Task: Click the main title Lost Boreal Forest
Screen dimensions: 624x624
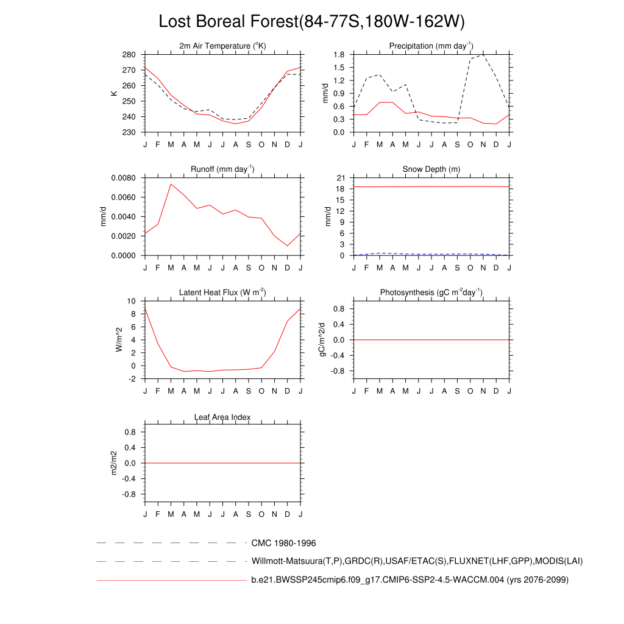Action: (x=311, y=21)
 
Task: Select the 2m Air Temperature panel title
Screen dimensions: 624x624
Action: (x=222, y=46)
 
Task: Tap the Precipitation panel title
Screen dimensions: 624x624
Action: (x=431, y=46)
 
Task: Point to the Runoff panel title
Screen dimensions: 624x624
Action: (x=222, y=169)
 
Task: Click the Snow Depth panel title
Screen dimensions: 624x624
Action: (x=431, y=169)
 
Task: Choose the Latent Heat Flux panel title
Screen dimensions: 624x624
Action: (x=222, y=293)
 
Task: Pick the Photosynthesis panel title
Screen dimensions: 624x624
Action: (x=431, y=293)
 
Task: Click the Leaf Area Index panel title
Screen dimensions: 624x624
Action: (x=222, y=417)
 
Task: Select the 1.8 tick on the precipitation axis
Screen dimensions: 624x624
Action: (x=340, y=55)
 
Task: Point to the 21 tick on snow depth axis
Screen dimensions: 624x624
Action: (x=341, y=178)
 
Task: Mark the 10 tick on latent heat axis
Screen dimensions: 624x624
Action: (x=132, y=301)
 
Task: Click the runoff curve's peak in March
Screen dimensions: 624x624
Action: (x=171, y=184)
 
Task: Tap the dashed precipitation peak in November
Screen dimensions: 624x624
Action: (x=483, y=55)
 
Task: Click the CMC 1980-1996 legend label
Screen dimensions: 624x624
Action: (x=283, y=543)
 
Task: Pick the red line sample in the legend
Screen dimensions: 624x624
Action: (x=171, y=581)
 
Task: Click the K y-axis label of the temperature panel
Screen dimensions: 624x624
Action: (x=113, y=93)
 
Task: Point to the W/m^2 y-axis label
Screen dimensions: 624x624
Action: (x=119, y=339)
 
